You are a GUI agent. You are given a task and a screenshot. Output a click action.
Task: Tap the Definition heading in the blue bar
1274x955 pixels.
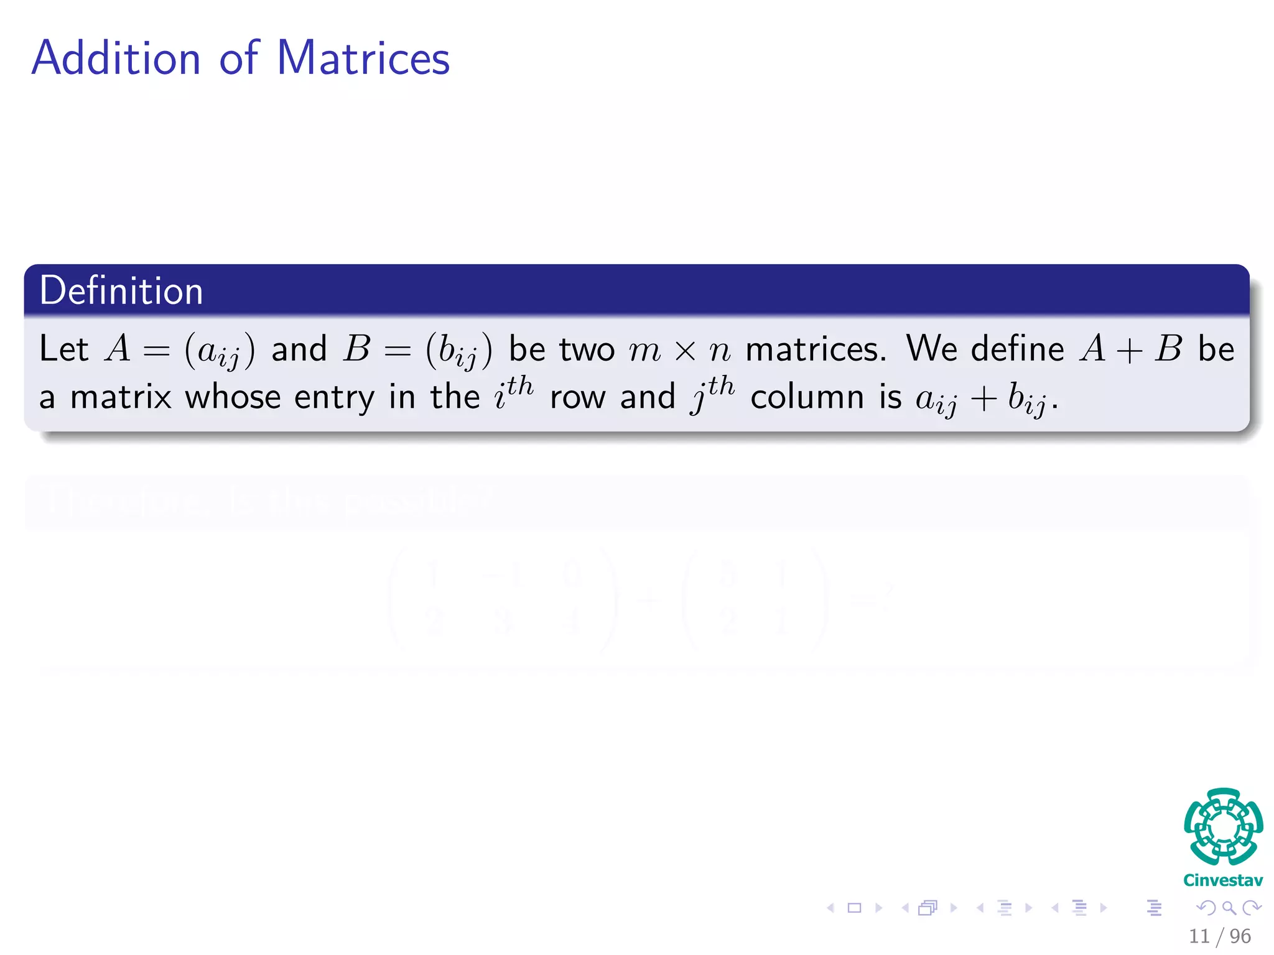(121, 290)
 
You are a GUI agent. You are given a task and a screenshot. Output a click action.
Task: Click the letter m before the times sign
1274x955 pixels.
(644, 350)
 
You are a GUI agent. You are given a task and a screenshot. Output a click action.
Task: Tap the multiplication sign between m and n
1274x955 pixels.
(685, 351)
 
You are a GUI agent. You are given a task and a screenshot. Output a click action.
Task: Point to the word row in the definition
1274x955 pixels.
(577, 398)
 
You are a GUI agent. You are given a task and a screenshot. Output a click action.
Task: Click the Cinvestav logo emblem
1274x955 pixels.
(1223, 827)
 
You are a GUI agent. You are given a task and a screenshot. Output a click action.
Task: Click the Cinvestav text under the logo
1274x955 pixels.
(1223, 880)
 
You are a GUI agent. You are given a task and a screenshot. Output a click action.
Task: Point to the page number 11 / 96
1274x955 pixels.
(1219, 936)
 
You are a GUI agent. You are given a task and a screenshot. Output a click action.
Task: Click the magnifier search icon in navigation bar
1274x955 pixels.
(1229, 908)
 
